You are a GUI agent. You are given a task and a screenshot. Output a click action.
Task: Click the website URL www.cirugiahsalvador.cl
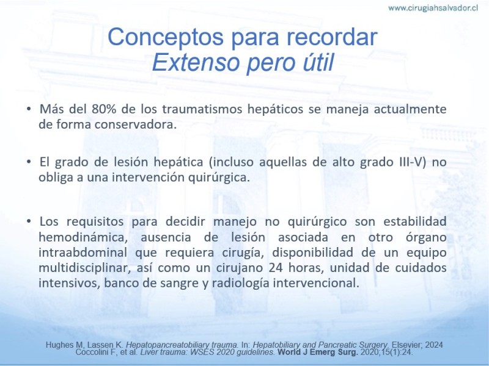tap(433, 8)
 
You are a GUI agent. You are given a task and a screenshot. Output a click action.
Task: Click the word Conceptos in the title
tap(165, 37)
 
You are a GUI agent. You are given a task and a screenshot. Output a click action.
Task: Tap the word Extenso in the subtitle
tap(196, 62)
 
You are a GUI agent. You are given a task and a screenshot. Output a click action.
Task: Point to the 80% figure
tap(104, 109)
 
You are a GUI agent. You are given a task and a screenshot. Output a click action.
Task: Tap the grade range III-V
tap(413, 162)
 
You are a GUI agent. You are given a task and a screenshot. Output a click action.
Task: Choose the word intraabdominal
tap(83, 253)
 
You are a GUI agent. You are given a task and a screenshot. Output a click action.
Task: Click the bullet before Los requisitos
tap(29, 221)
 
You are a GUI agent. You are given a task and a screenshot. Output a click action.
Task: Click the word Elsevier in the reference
tap(406, 345)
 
